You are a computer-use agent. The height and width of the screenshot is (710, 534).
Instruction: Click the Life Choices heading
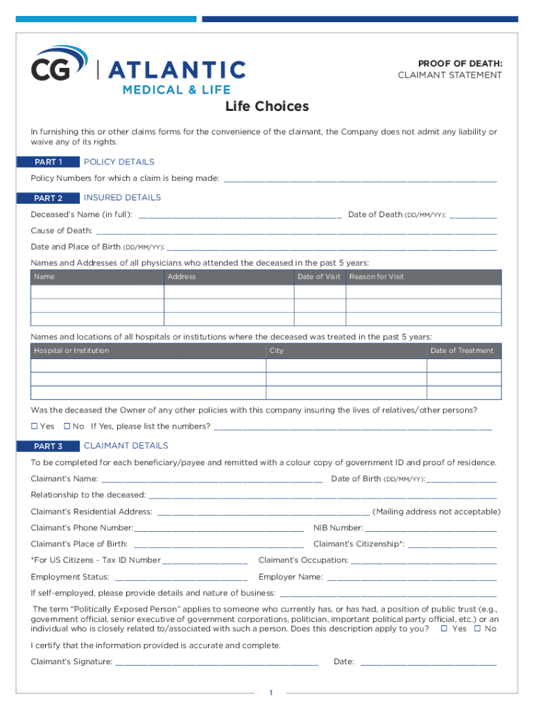[x=267, y=107]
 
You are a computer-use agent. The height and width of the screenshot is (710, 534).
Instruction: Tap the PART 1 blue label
[x=49, y=162]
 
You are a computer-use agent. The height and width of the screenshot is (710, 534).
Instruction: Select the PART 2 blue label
[x=49, y=198]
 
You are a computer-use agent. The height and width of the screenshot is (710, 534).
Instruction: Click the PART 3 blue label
[x=49, y=446]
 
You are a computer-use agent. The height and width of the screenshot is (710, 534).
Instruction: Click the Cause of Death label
[x=61, y=231]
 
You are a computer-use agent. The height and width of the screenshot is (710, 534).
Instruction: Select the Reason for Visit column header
[x=377, y=277]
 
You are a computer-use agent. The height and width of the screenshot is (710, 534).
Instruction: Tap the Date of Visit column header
[x=319, y=277]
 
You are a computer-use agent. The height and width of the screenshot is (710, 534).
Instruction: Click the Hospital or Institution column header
[x=71, y=351]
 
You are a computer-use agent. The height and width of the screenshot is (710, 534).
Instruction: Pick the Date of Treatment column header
[x=462, y=351]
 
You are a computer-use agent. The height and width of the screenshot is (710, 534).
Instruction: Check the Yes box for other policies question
[x=35, y=426]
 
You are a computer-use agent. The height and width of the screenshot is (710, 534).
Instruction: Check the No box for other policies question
[x=67, y=426]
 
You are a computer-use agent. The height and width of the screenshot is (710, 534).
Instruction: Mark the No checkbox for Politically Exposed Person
[x=477, y=629]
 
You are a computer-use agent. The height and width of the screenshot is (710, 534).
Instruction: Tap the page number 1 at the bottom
[x=273, y=693]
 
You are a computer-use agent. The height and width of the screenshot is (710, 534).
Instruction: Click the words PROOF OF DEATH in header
[x=460, y=64]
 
